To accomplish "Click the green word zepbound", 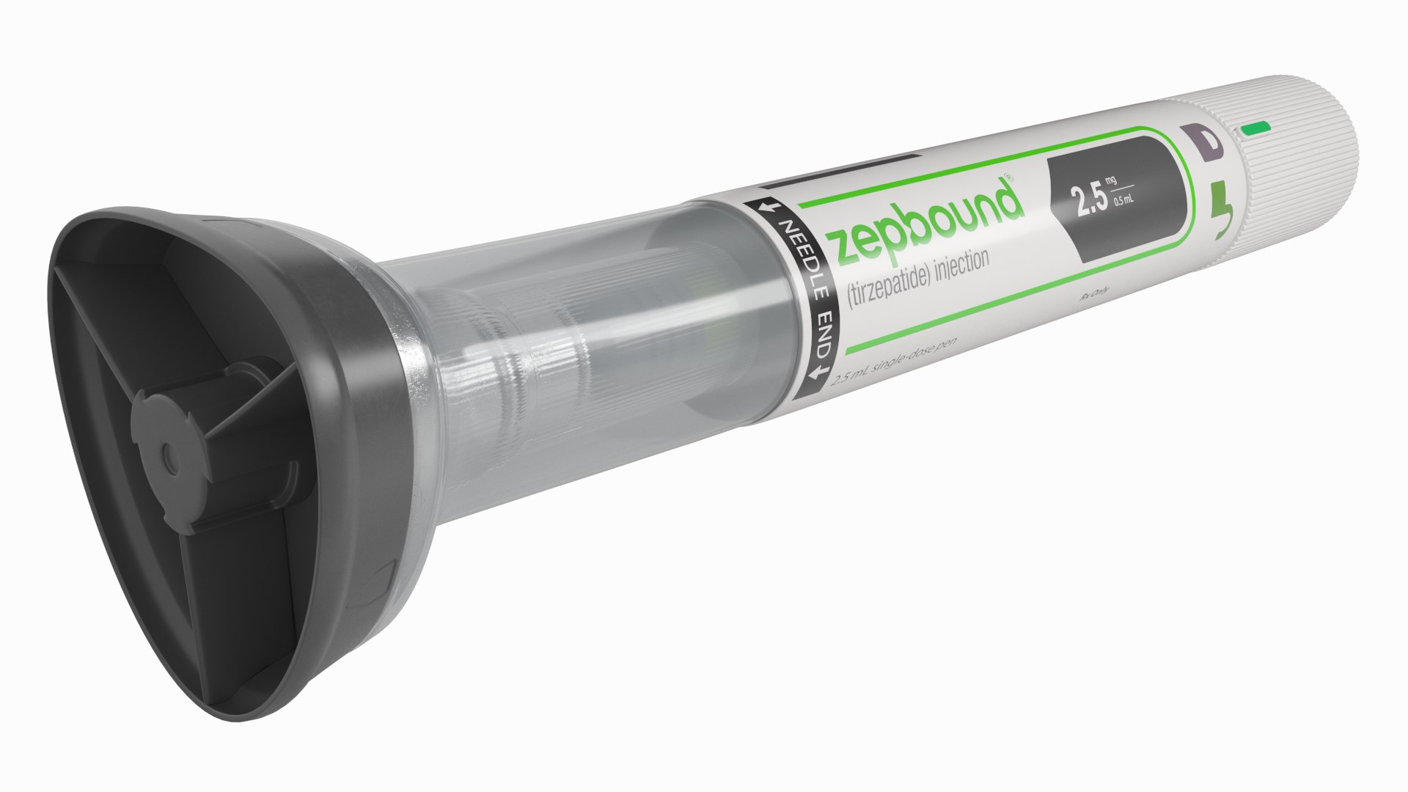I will pyautogui.click(x=925, y=220).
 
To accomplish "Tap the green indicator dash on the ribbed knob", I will pyautogui.click(x=1257, y=129).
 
